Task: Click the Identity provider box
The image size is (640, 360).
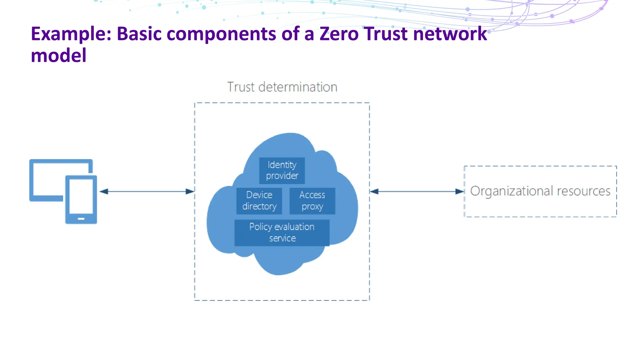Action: tap(282, 170)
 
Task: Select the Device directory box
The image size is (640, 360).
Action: tap(259, 201)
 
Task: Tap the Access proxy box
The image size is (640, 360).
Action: tap(312, 201)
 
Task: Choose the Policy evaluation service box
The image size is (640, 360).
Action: tap(282, 232)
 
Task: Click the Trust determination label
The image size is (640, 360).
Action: tap(282, 87)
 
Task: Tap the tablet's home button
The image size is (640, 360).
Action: tap(81, 219)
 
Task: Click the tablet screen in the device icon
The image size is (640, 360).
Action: tap(81, 196)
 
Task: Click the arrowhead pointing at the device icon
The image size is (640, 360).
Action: tap(104, 191)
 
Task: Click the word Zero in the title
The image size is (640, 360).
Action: tap(339, 34)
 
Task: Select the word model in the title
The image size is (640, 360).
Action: tap(58, 56)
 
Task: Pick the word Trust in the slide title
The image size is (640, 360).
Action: tap(386, 34)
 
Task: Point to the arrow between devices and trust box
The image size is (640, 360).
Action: tap(147, 191)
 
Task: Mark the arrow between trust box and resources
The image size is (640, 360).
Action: tap(417, 191)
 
